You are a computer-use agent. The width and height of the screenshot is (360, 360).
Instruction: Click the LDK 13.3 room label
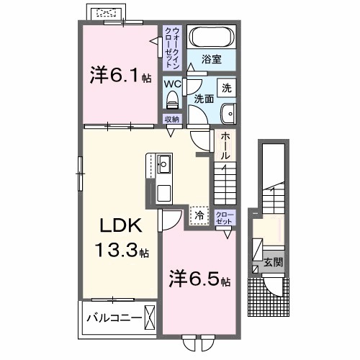[x=120, y=238]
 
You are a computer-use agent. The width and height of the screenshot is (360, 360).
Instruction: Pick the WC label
[x=172, y=84]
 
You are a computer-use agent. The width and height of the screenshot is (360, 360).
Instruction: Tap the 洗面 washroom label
[x=202, y=99]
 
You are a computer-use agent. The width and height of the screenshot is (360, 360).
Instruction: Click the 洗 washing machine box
[x=226, y=89]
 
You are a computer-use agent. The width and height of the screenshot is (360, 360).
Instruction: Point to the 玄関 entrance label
[x=271, y=262]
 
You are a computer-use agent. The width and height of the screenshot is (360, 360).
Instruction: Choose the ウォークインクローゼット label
[x=174, y=47]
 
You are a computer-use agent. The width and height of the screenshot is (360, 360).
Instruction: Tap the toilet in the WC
[x=173, y=99]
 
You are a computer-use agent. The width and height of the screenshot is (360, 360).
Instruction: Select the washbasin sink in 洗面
[x=229, y=112]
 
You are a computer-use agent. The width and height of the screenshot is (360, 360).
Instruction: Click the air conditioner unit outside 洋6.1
[x=107, y=13]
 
